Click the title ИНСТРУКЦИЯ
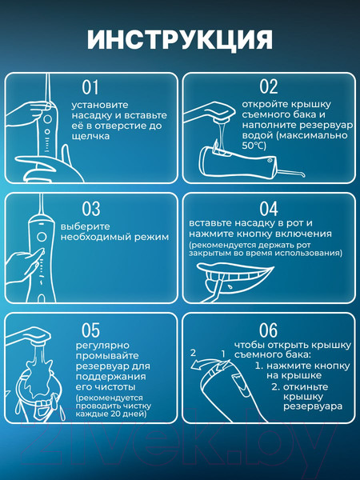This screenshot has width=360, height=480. [x=180, y=40]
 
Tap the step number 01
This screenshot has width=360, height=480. [x=90, y=87]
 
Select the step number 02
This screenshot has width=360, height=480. [x=269, y=86]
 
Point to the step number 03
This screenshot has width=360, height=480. [x=91, y=209]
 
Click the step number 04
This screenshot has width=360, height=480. [x=269, y=209]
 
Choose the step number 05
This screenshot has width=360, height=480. [x=90, y=330]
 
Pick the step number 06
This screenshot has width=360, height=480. [x=269, y=330]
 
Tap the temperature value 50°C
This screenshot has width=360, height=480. [x=254, y=146]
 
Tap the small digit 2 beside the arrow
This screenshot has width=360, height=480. [x=193, y=353]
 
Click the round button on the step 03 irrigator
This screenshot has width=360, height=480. [x=42, y=237]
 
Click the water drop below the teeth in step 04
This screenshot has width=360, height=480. [x=230, y=287]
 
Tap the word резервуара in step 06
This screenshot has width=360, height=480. [x=313, y=406]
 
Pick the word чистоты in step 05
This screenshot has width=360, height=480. [x=114, y=387]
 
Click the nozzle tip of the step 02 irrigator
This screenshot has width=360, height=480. [x=303, y=174]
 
